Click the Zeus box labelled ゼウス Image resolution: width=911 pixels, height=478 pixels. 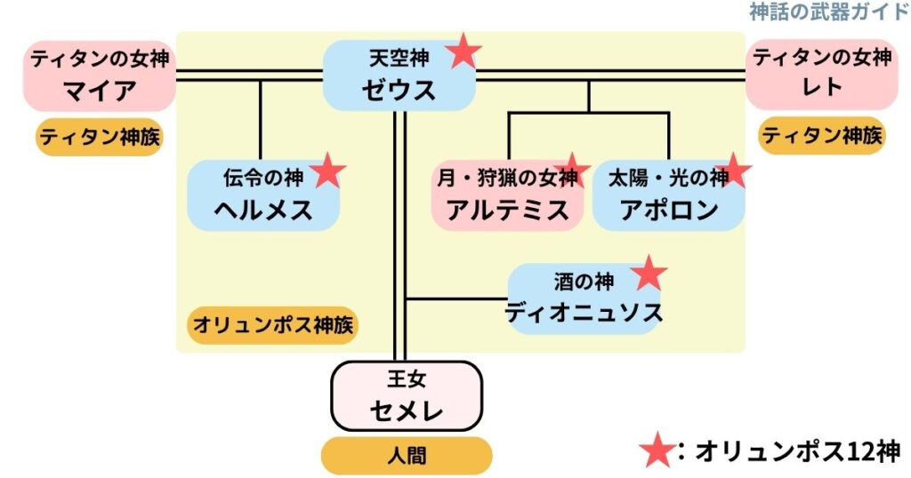(x=398, y=76)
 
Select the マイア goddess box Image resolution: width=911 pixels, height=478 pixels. (x=100, y=76)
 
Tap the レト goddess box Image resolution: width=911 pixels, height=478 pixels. (x=821, y=76)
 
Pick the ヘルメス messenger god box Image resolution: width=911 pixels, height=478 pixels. (x=263, y=195)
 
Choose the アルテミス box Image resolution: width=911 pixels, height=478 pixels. (x=507, y=195)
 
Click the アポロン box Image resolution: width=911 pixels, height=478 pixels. (x=668, y=195)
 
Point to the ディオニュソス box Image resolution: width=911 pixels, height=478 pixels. (x=584, y=298)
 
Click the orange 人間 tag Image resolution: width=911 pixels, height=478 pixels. (x=406, y=456)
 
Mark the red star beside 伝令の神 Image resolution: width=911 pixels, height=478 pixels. (x=328, y=171)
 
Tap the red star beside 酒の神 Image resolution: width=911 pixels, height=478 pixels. (x=649, y=275)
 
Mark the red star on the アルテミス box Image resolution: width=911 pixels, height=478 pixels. (x=571, y=169)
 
